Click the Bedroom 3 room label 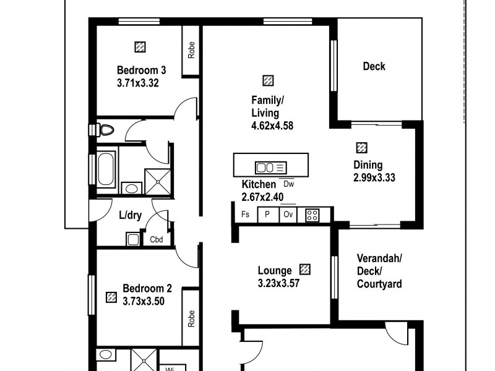141,70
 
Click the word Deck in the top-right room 374,66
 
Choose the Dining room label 368,165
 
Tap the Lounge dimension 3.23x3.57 278,283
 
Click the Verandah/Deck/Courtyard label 379,271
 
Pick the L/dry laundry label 131,216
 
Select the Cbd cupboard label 156,239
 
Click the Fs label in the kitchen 246,215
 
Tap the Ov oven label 288,215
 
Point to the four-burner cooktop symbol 312,215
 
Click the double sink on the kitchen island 266,167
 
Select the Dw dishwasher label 288,183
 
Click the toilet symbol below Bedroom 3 106,130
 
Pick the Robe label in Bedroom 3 192,50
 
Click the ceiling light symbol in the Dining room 361,148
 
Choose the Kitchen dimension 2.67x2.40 263,197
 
